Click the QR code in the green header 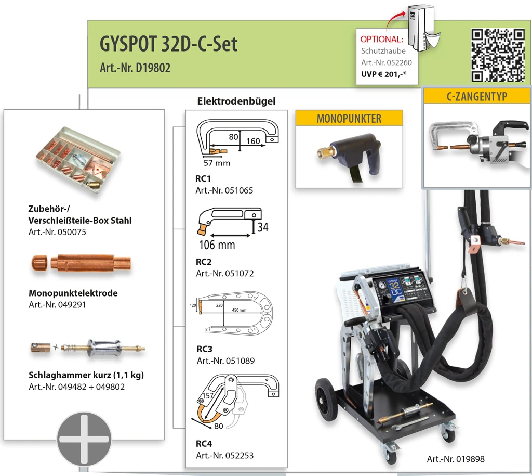point(498,55)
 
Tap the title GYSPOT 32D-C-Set point(168,44)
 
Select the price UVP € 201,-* point(383,74)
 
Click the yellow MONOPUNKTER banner point(349,118)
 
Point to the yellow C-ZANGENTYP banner point(477,96)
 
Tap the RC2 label point(204,262)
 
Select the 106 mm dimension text point(217,245)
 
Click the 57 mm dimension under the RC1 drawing point(217,163)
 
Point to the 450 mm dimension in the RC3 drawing point(239,310)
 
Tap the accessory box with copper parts point(78,160)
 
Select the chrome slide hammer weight point(104,348)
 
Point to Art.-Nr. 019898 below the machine point(456,459)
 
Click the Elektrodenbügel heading point(236,101)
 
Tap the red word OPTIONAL point(382,40)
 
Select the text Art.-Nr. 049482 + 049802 point(77,387)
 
